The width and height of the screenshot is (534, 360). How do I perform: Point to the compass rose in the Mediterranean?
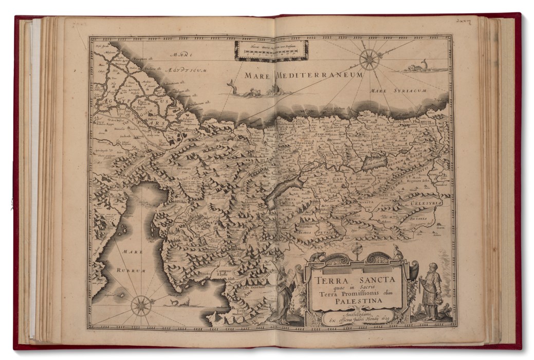point(369,60)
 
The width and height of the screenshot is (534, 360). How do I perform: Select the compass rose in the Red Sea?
point(141,305)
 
